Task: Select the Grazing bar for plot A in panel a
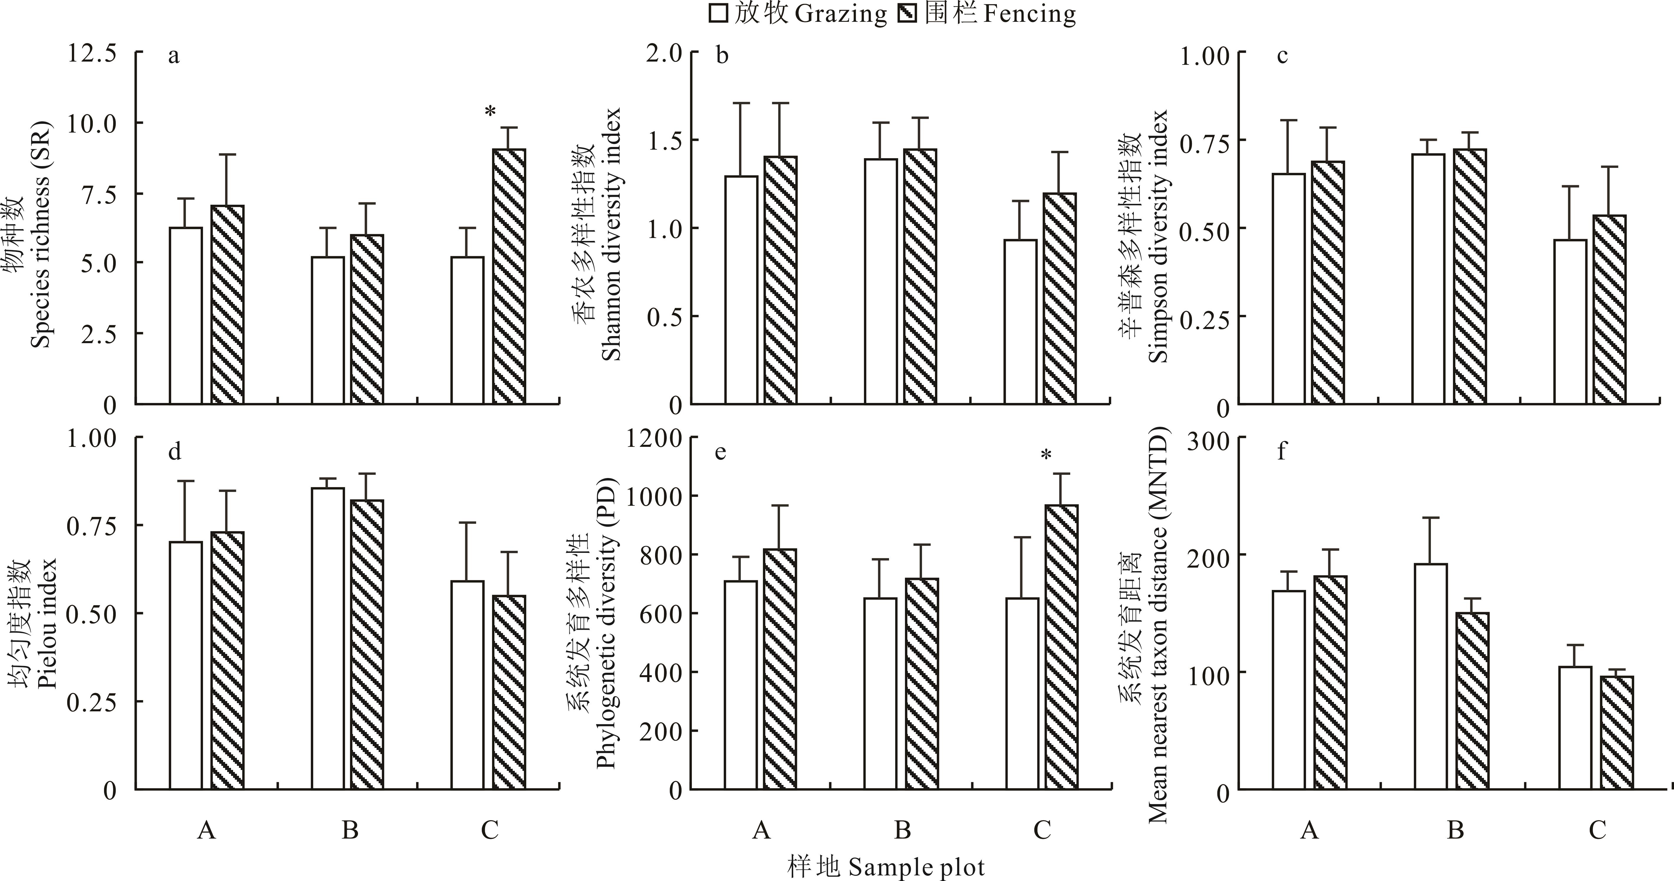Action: pyautogui.click(x=186, y=316)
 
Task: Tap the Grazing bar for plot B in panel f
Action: pyautogui.click(x=1431, y=676)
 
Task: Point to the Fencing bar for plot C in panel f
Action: pyautogui.click(x=1616, y=733)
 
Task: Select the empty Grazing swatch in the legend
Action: pyautogui.click(x=718, y=14)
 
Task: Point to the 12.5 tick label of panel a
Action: pyautogui.click(x=92, y=53)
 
